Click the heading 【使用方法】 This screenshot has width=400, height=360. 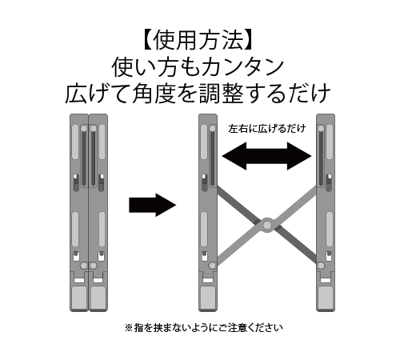point(198,41)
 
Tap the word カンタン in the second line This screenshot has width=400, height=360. point(243,67)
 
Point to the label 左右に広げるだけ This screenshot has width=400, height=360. point(267,129)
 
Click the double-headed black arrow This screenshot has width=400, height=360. point(266,156)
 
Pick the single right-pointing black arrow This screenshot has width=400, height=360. point(153,205)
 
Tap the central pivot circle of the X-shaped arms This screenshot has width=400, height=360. point(267,226)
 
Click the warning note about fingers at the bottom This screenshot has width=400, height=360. point(204,328)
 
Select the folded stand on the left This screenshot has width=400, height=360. point(89,213)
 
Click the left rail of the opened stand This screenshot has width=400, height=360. point(208,213)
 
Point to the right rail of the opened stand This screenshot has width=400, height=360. point(326,213)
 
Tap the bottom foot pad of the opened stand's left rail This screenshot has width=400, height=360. point(208,296)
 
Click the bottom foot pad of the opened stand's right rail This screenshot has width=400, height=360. point(326,296)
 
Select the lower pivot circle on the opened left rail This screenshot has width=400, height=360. point(213,266)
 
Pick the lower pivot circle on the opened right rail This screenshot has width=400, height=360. point(321,266)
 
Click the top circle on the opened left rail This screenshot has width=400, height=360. point(213,129)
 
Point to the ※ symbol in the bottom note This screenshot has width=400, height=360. point(129,328)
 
